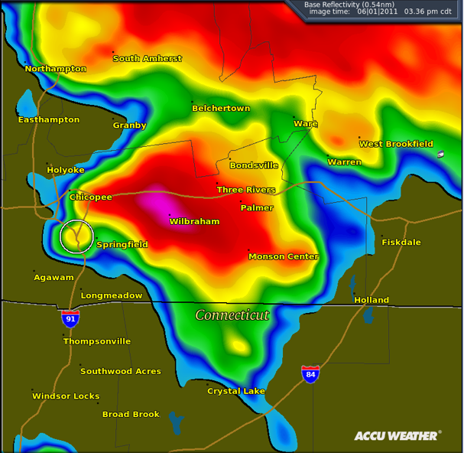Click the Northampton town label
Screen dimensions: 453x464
coord(55,69)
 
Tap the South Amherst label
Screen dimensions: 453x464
coord(148,59)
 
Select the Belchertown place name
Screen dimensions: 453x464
coord(221,109)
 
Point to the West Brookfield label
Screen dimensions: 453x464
coord(396,144)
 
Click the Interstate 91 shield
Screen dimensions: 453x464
coord(70,319)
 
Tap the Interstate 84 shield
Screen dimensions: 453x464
coord(310,374)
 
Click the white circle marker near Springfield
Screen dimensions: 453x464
coord(76,236)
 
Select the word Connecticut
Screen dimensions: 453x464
coord(232,315)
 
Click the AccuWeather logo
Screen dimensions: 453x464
coord(397,436)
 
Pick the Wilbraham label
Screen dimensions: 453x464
coord(194,222)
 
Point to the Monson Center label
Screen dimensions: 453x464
coord(284,257)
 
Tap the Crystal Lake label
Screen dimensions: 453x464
coord(236,391)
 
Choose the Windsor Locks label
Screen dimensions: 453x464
coord(66,396)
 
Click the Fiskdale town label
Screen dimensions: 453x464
coord(401,243)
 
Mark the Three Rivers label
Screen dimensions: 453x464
coord(246,190)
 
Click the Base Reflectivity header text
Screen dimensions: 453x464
coord(342,5)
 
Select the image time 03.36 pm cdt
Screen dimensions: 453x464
coord(426,12)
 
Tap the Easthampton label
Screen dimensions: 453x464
coord(49,120)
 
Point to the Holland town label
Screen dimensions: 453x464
coord(372,301)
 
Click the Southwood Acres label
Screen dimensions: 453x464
coord(121,371)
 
